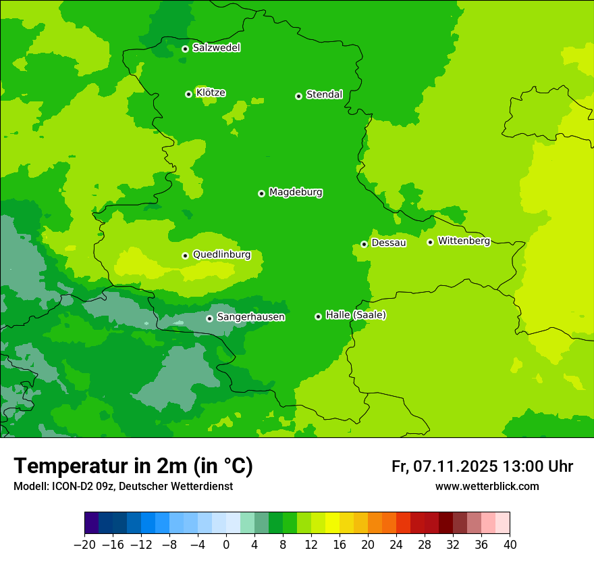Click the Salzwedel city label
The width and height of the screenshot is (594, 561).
216,48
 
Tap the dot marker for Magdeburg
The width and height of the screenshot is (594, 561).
262,193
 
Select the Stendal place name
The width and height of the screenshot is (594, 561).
324,95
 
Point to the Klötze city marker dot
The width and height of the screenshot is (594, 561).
189,94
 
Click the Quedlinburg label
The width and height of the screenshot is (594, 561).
221,255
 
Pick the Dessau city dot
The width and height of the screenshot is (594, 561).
364,244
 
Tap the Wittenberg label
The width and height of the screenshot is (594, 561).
464,241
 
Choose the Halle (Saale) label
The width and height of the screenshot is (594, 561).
356,315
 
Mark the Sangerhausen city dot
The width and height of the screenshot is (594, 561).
210,318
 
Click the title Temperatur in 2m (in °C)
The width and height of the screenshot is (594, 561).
133,466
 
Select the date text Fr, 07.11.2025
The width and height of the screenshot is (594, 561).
444,466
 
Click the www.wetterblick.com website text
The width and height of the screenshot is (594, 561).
487,486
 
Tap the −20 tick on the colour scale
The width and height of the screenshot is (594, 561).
85,544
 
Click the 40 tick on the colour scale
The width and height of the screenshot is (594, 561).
510,544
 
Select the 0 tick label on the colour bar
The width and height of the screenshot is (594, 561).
226,544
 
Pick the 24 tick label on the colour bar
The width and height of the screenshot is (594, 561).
396,544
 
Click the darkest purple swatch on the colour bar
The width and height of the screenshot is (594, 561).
92,523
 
